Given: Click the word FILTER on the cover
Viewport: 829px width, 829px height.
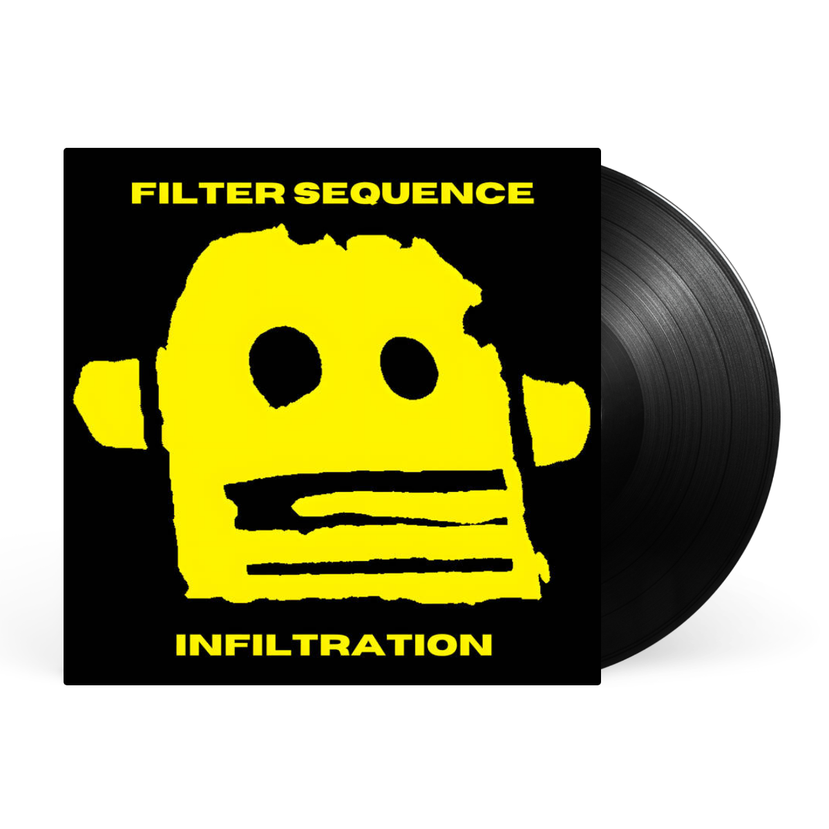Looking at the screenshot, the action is (x=208, y=193).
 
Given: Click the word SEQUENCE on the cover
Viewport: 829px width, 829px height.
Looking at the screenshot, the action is (x=414, y=193).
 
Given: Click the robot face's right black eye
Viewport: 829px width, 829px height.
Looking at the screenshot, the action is (x=409, y=368).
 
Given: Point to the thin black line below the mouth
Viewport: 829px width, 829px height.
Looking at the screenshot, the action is (x=380, y=566).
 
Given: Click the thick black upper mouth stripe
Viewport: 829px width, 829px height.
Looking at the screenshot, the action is (x=365, y=481).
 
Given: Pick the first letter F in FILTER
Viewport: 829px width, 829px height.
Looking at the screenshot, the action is (x=142, y=193).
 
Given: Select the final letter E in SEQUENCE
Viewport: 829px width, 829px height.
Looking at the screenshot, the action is (x=521, y=193).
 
